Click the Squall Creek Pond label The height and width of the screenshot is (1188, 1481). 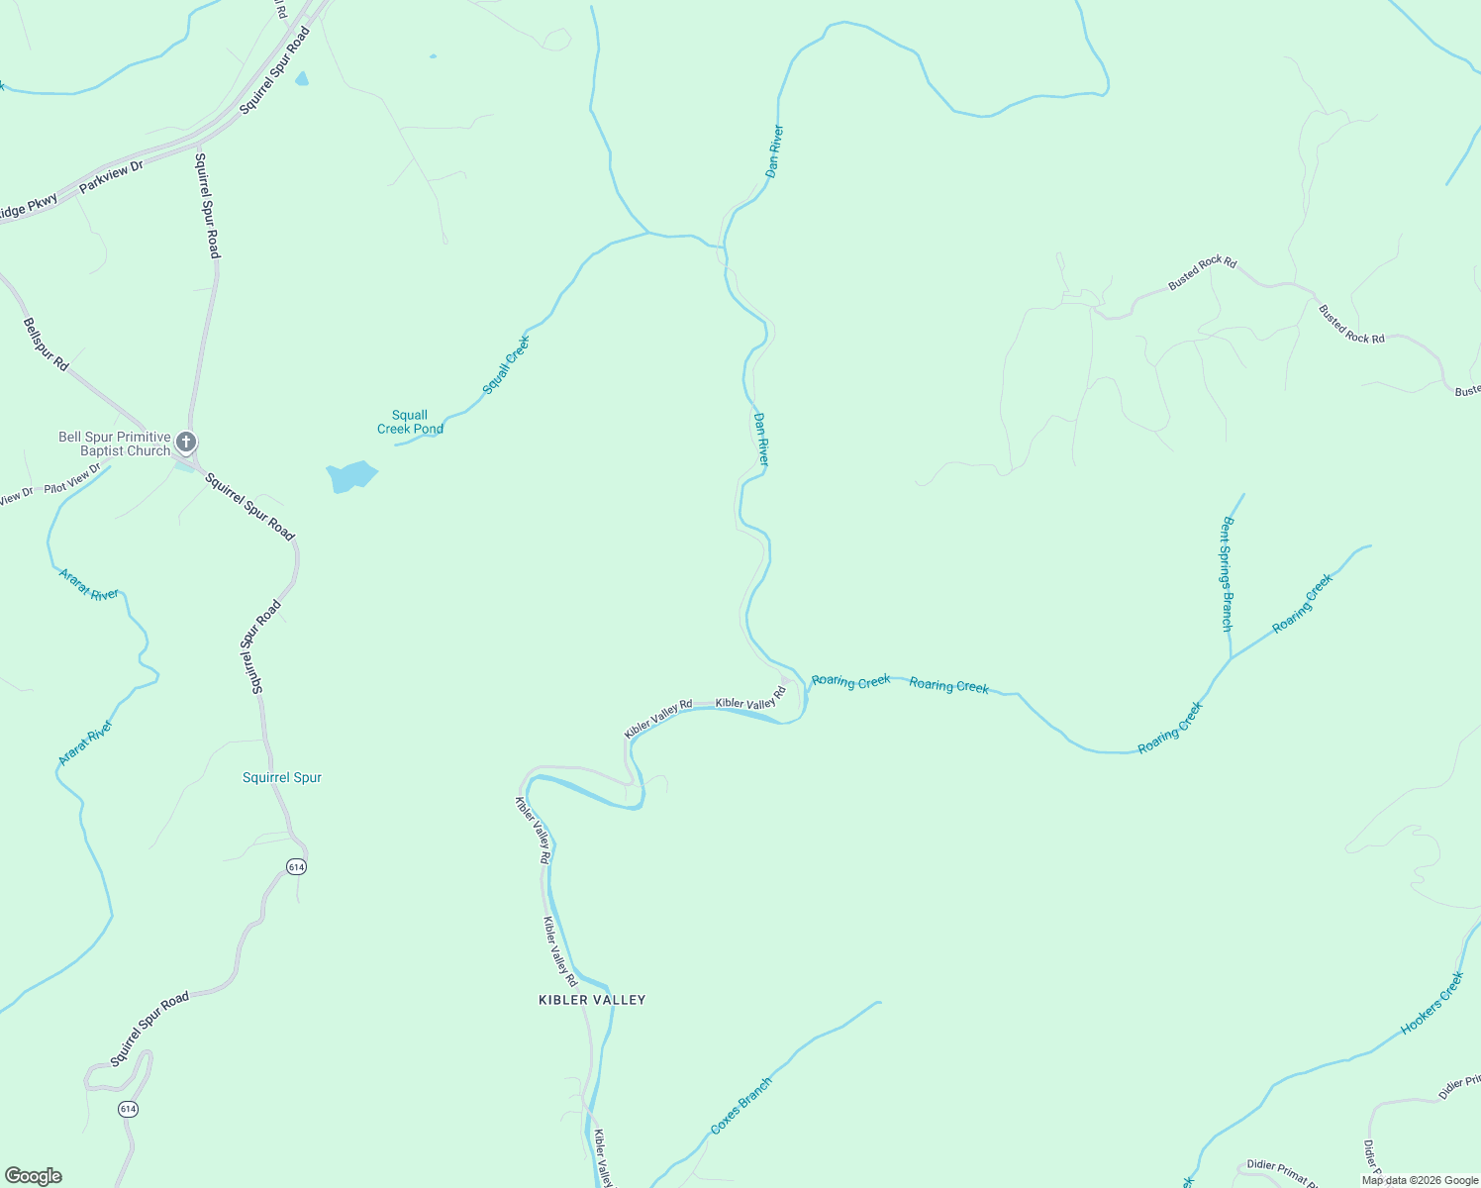tap(410, 422)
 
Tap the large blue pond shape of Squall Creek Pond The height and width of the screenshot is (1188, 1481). tap(350, 476)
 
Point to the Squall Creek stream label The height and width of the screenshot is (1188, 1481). tap(506, 365)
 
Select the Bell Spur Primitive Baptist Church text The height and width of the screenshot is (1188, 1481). tap(114, 444)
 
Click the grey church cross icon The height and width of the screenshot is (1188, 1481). tap(186, 442)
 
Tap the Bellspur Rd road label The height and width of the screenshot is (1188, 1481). tap(46, 345)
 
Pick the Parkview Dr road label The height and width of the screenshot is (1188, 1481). tap(111, 176)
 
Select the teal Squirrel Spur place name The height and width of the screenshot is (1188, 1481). tap(282, 777)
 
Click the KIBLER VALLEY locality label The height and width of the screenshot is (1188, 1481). tap(592, 1000)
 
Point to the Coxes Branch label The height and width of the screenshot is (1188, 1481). tap(740, 1106)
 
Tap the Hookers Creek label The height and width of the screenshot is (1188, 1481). tap(1432, 1003)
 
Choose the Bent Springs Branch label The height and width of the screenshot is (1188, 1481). tap(1228, 574)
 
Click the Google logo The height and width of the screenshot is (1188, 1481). tap(33, 1176)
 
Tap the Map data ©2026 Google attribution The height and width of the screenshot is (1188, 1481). tap(1420, 1180)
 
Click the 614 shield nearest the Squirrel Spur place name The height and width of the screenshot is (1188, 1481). tap(297, 867)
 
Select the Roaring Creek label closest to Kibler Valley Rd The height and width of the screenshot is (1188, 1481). tap(850, 681)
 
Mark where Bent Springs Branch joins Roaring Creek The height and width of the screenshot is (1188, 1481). tap(1230, 658)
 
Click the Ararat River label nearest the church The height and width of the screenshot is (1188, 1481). tap(89, 585)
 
